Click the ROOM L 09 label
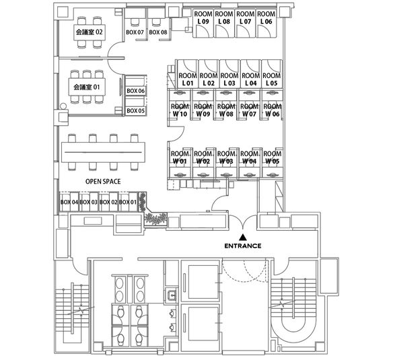tap(203, 17)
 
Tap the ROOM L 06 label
tap(266, 17)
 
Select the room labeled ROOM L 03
tap(229, 79)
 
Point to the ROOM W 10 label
tap(180, 110)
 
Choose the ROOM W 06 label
tap(273, 110)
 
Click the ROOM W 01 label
tap(179, 157)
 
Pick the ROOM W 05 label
tap(273, 157)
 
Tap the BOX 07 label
tap(135, 32)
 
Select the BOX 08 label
tap(158, 32)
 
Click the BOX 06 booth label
tap(135, 91)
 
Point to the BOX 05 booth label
tap(135, 110)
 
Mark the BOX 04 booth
tap(69, 202)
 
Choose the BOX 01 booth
tap(128, 202)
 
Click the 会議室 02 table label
tap(89, 32)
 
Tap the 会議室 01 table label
tap(87, 87)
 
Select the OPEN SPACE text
tap(103, 182)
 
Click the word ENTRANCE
tap(243, 246)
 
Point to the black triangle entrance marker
tap(243, 237)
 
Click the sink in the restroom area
tap(172, 295)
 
